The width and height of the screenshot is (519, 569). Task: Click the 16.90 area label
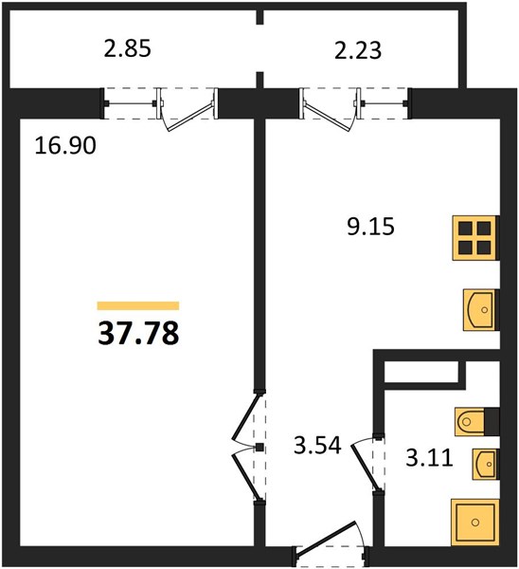pos(65,145)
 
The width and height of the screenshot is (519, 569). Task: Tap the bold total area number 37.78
pos(138,334)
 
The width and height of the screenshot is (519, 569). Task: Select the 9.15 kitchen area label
pos(370,228)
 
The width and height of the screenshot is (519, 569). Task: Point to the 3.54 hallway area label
pos(317,446)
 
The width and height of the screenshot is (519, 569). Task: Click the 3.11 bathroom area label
pos(429,458)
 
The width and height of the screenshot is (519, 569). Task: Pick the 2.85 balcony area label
pos(127,48)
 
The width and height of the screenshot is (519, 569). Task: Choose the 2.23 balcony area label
pos(358,50)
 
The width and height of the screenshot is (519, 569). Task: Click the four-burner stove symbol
pos(474,238)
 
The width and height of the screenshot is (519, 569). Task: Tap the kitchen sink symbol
pos(479,309)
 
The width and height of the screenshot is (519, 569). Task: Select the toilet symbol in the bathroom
pos(470,422)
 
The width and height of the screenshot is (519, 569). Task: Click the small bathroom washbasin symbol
pos(485,464)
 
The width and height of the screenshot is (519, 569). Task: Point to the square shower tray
pos(475,523)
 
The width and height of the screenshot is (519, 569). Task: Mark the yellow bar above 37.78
pos(138,305)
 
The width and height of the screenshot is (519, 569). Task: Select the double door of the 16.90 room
pos(247,448)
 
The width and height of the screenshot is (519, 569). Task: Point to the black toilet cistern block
pos(492,422)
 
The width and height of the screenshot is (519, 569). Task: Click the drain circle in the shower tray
pos(475,523)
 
